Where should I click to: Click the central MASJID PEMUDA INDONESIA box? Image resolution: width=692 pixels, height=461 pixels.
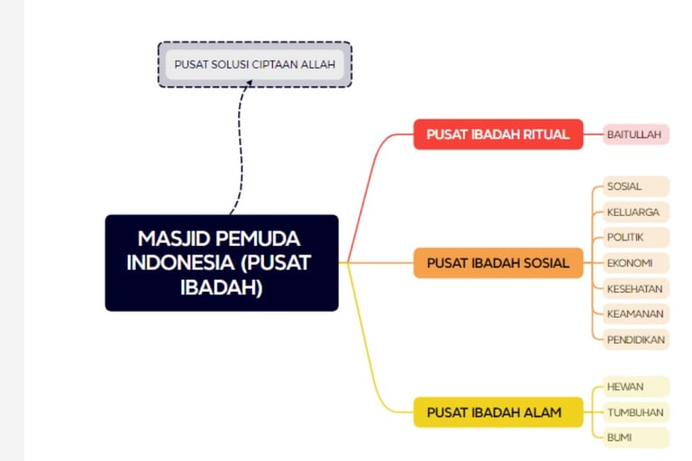(222, 263)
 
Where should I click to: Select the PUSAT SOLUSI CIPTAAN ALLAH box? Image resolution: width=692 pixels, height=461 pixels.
(255, 65)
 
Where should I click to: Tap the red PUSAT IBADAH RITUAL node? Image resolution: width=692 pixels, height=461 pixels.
(498, 134)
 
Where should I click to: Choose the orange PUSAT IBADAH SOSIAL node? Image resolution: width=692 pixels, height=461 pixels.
(498, 263)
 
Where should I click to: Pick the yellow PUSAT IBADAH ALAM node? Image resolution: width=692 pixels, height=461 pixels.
(498, 412)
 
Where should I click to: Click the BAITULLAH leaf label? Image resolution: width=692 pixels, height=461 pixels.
(637, 134)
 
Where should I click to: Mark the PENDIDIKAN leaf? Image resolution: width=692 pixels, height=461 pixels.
(636, 339)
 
